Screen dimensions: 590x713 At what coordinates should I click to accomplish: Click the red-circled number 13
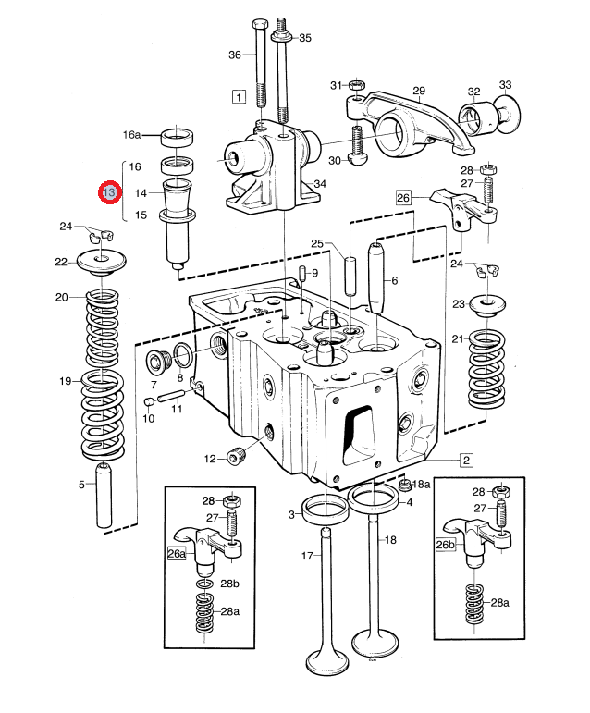coord(109,192)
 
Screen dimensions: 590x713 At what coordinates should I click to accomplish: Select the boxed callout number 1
coord(239,97)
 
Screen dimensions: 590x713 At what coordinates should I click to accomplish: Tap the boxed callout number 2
coord(466,460)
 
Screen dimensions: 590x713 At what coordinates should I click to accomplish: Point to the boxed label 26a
coord(177,553)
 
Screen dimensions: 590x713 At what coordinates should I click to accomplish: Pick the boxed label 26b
coord(445,545)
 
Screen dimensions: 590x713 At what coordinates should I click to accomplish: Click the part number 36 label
coord(235,55)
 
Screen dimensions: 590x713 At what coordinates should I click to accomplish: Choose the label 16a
coord(132,135)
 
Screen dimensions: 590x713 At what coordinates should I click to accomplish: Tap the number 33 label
coord(505,85)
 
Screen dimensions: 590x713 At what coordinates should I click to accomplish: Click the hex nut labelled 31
coord(357,85)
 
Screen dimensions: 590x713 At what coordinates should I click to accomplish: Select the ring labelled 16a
coord(177,138)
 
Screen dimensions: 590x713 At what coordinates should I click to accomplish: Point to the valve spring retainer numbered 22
coord(101,263)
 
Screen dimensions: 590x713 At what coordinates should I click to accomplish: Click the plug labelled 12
coord(235,457)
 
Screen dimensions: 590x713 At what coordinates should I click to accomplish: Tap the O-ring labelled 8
coord(182,356)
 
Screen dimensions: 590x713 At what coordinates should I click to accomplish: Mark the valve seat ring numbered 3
coord(326,510)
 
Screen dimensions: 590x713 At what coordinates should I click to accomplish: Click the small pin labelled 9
coord(302,275)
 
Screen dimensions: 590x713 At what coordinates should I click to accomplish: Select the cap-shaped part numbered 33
coord(509,114)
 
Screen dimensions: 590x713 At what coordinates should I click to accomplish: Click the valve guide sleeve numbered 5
coord(104,495)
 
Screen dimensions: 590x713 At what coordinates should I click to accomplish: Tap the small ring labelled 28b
coord(205,584)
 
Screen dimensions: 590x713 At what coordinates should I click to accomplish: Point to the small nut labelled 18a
coord(403,485)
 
